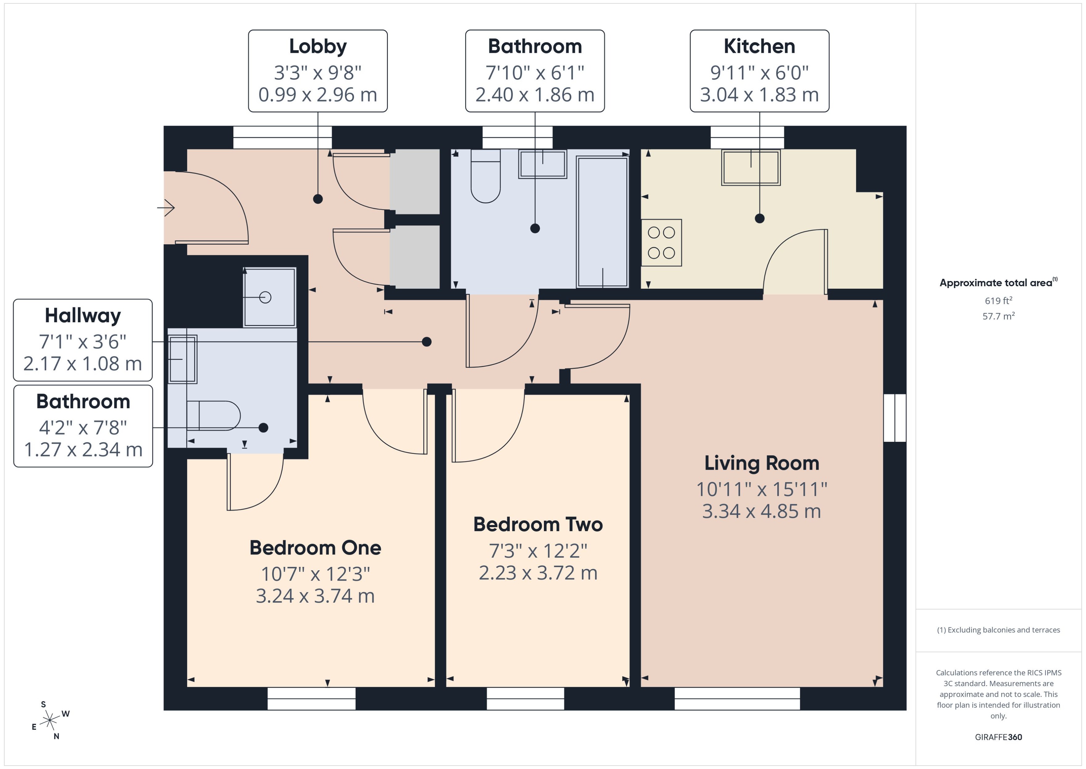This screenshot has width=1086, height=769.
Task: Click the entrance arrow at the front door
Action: [x=167, y=207]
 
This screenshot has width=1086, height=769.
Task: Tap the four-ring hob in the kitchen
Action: [x=661, y=242]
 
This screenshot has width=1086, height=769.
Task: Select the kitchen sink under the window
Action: [x=751, y=167]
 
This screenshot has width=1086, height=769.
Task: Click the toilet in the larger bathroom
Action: [x=486, y=176]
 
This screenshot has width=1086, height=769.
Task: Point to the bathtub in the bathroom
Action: [x=602, y=222]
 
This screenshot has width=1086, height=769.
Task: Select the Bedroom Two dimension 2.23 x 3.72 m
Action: [x=538, y=573]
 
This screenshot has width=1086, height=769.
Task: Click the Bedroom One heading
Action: [x=315, y=548]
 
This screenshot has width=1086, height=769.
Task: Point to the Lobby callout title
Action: [x=317, y=46]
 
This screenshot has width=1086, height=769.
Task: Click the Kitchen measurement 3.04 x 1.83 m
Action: [x=759, y=95]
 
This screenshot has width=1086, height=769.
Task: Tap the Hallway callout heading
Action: [x=83, y=315]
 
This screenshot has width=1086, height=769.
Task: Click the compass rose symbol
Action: [x=50, y=721]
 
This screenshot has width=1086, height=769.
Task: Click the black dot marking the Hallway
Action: [x=426, y=342]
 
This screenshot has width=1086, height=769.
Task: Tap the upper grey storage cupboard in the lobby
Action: [x=415, y=181]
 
